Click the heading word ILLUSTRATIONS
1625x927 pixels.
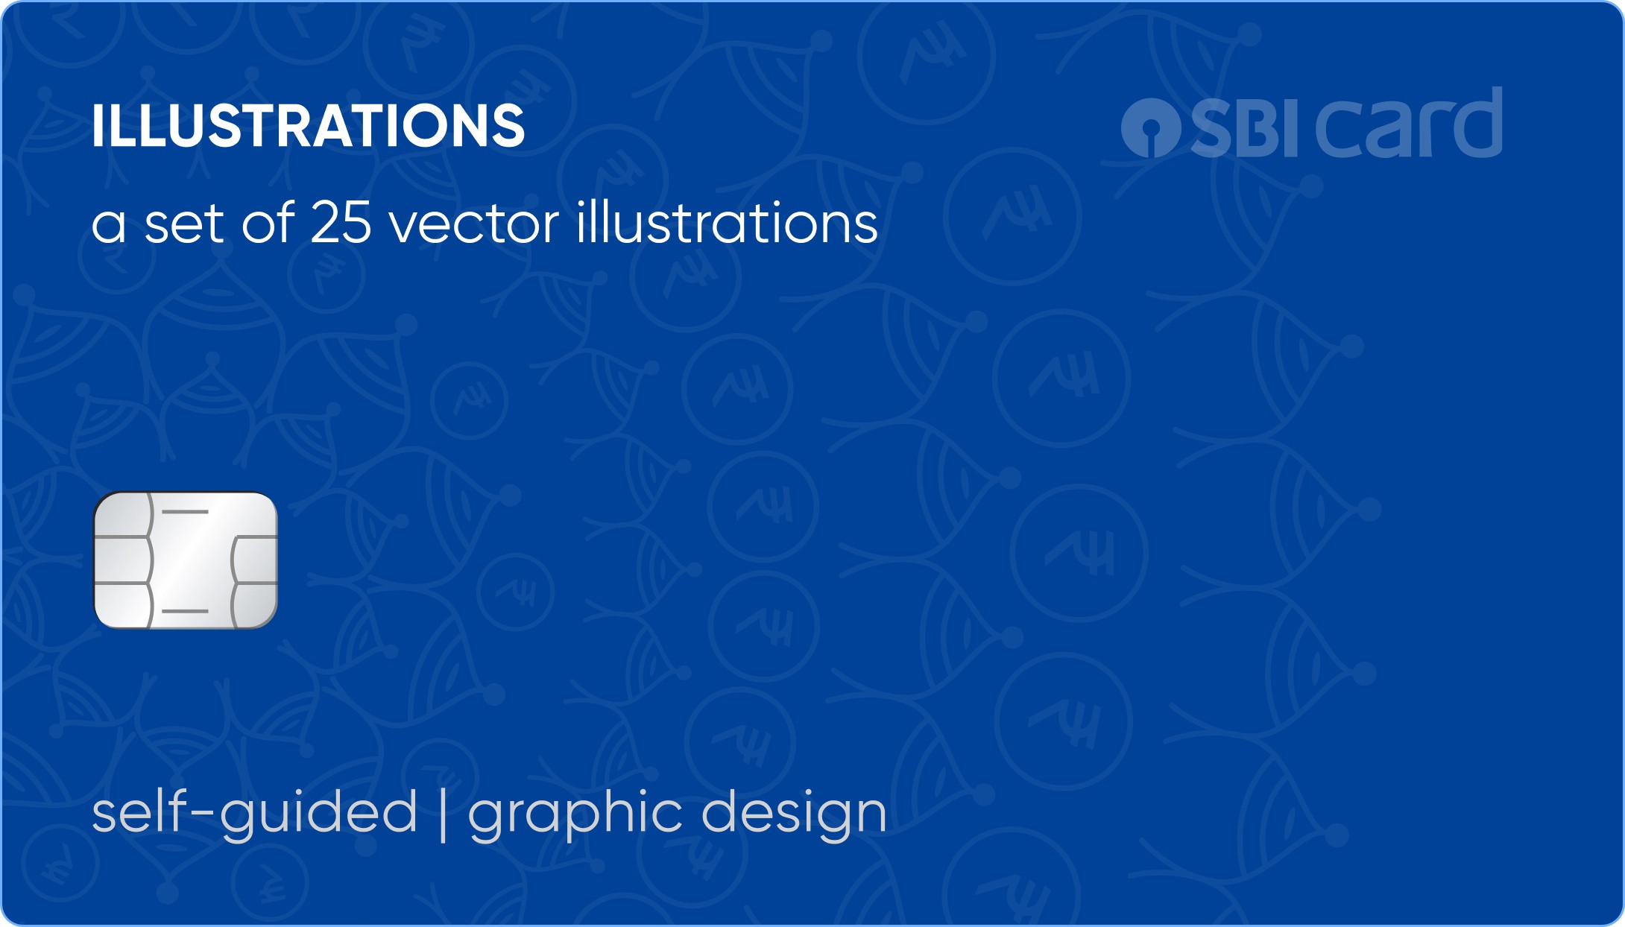(309, 125)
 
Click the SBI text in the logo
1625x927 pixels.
(1245, 128)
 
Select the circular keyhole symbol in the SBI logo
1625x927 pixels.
(1152, 128)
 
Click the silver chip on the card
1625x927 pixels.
(186, 560)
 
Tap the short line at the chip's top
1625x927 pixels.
(185, 512)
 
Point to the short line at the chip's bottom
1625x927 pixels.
(185, 611)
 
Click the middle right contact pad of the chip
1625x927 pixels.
(255, 559)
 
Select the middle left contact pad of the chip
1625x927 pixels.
(123, 560)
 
